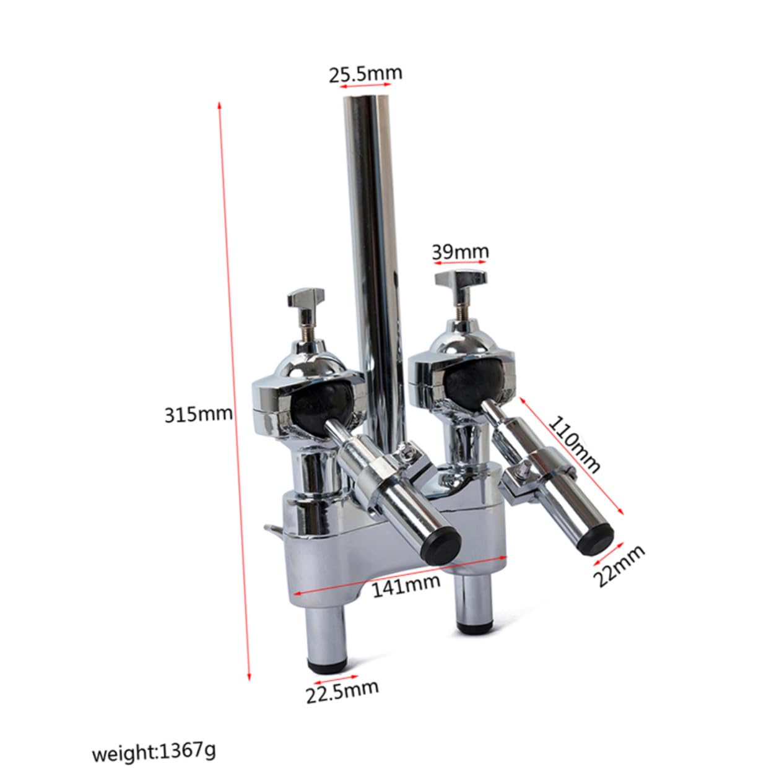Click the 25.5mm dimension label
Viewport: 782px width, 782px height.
pos(365,74)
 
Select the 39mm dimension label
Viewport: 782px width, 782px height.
pos(460,252)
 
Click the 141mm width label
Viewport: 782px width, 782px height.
pos(406,585)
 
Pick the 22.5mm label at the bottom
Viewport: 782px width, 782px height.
pos(342,692)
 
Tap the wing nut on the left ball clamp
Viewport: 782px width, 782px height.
pos(302,302)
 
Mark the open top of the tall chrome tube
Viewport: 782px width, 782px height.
pos(368,101)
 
